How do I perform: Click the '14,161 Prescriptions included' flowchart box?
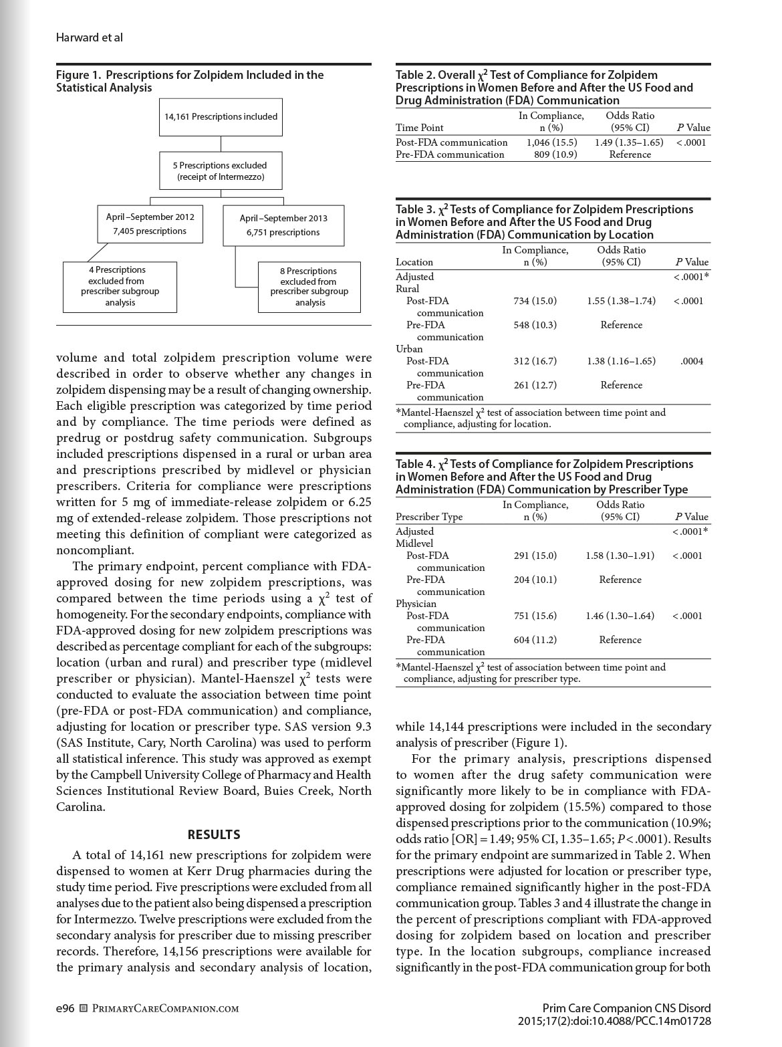click(x=221, y=117)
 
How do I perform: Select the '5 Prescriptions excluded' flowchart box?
click(x=221, y=170)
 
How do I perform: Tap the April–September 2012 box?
click(x=150, y=224)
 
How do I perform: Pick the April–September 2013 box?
click(x=283, y=225)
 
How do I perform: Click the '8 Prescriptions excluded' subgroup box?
click(x=309, y=287)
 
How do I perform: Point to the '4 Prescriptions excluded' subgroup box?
click(x=120, y=286)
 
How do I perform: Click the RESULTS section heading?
click(x=214, y=834)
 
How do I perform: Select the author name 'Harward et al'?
click(x=89, y=37)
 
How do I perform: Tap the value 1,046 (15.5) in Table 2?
click(x=551, y=142)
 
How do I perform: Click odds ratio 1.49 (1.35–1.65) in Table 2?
click(x=629, y=142)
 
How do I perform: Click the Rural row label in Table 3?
click(x=408, y=289)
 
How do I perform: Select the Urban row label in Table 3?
click(x=409, y=349)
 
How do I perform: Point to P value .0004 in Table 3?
click(x=692, y=361)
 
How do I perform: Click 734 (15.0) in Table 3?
click(x=535, y=301)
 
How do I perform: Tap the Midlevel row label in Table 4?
click(x=414, y=544)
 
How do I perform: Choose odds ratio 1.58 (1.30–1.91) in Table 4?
click(x=620, y=556)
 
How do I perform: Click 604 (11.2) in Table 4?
click(x=535, y=640)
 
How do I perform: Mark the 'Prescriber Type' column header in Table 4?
click(x=429, y=517)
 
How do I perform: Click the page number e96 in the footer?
click(x=65, y=1008)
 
